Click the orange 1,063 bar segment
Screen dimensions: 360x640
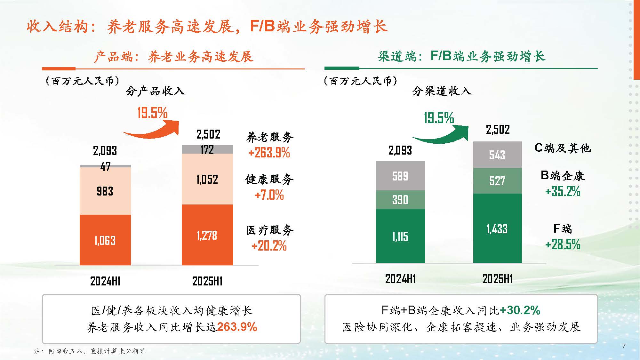(x=105, y=240)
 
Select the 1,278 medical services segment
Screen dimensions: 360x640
(x=207, y=235)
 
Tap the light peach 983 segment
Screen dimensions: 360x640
(x=105, y=191)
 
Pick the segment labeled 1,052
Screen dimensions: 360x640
(x=207, y=179)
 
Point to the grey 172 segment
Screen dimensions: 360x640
(x=207, y=149)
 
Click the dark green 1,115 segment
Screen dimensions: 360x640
(x=400, y=236)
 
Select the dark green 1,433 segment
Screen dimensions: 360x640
(x=497, y=229)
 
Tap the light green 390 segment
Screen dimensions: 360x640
(x=400, y=200)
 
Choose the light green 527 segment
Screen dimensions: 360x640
(x=497, y=181)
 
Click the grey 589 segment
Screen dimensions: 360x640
(x=400, y=176)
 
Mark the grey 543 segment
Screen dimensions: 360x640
(x=497, y=155)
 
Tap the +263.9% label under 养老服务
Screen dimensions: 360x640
(x=269, y=153)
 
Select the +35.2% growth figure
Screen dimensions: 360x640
(x=563, y=191)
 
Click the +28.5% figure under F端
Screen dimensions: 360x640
(x=563, y=245)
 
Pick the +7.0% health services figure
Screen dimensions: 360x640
(x=269, y=195)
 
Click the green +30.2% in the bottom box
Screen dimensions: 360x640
(x=520, y=310)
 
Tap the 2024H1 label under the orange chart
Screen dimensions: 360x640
(x=105, y=281)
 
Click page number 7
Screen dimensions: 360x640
(x=623, y=346)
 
